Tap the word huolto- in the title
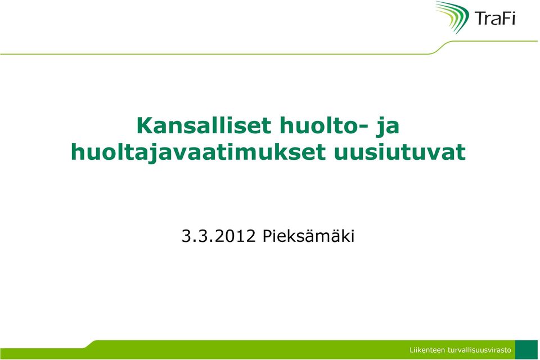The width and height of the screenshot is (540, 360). pyautogui.click(x=321, y=126)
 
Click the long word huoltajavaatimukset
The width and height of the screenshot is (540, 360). pyautogui.click(x=198, y=152)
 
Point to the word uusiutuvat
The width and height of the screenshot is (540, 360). pyautogui.click(x=400, y=152)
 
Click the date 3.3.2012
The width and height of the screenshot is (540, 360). pyautogui.click(x=218, y=236)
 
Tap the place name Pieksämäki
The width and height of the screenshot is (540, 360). pyautogui.click(x=309, y=236)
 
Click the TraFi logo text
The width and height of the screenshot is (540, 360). pyautogui.click(x=495, y=18)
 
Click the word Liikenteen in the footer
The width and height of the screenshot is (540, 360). pyautogui.click(x=427, y=350)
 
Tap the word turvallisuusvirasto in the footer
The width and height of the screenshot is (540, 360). pyautogui.click(x=479, y=350)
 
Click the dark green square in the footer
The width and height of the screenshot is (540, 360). pyautogui.click(x=526, y=350)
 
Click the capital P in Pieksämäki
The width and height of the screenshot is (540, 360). pyautogui.click(x=267, y=236)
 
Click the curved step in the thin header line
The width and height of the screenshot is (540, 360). pyautogui.click(x=440, y=48)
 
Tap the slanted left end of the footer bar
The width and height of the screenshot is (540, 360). pyautogui.click(x=88, y=344)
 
